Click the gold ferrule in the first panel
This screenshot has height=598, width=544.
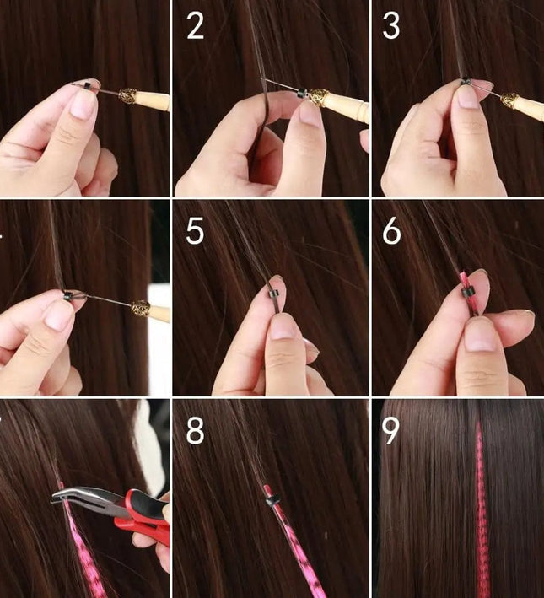(128, 96)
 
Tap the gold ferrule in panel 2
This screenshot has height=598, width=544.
(319, 97)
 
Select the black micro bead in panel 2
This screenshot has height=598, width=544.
(302, 92)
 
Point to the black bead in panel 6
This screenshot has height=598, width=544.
(468, 292)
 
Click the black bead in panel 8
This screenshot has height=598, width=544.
(272, 499)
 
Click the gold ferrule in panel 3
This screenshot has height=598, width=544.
(510, 101)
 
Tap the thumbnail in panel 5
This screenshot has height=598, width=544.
(283, 328)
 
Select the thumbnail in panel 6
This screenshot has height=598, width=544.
(480, 335)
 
